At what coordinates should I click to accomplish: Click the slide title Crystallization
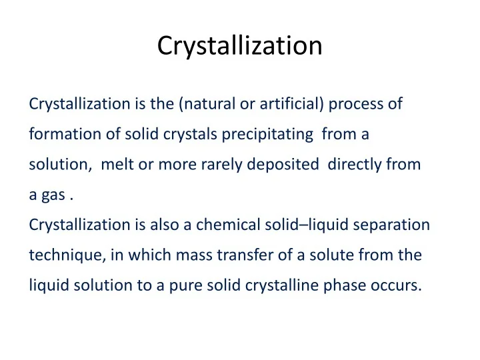[x=240, y=47]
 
